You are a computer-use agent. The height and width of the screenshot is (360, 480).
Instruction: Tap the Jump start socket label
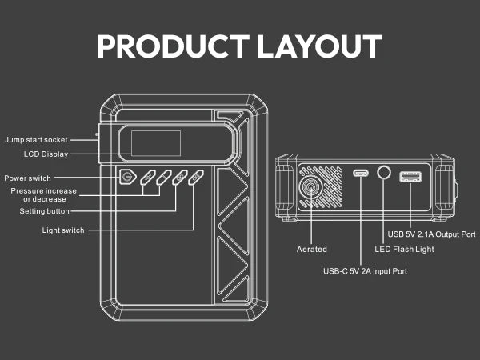36,140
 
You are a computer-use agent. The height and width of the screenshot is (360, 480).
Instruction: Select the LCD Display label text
46,154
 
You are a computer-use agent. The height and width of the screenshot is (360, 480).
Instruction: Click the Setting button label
44,211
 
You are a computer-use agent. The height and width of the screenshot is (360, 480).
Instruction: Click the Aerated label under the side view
311,250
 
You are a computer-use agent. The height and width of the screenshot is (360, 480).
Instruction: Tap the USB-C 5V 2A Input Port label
365,271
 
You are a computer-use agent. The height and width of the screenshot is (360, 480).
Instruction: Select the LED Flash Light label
404,249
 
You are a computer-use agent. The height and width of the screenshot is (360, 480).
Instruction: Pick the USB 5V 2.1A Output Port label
431,234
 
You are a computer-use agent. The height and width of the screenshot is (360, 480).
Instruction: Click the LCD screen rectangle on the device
155,144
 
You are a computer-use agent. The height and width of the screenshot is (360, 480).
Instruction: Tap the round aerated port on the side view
309,187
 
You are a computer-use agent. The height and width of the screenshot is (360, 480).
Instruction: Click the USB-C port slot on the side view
361,174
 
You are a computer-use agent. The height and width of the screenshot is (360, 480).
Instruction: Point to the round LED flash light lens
384,173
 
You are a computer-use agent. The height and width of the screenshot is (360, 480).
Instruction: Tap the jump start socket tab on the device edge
99,142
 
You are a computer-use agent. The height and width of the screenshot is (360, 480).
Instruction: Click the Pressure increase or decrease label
44,194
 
